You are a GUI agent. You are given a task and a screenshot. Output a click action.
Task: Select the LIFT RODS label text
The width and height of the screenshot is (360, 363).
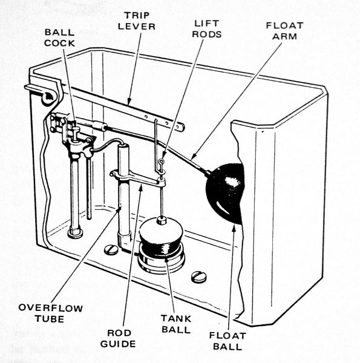pyautogui.click(x=206, y=28)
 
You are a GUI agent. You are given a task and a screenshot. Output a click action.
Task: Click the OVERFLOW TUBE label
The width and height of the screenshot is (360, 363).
pyautogui.click(x=51, y=313)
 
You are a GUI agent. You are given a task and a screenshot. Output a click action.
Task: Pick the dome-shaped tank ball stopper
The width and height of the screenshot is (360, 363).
pyautogui.click(x=161, y=237)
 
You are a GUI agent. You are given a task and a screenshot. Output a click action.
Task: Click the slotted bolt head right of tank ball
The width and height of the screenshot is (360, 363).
pyautogui.click(x=198, y=276)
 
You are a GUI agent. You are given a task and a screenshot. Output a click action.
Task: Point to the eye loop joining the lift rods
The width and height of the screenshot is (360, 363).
pyautogui.click(x=162, y=162)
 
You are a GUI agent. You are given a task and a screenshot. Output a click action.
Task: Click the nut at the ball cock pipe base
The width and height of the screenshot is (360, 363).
pyautogui.click(x=75, y=232)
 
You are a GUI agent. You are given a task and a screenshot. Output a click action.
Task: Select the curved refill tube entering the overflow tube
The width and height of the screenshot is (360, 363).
pyautogui.click(x=106, y=145)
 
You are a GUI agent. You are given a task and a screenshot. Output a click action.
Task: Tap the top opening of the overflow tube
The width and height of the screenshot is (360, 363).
pyautogui.click(x=123, y=147)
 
